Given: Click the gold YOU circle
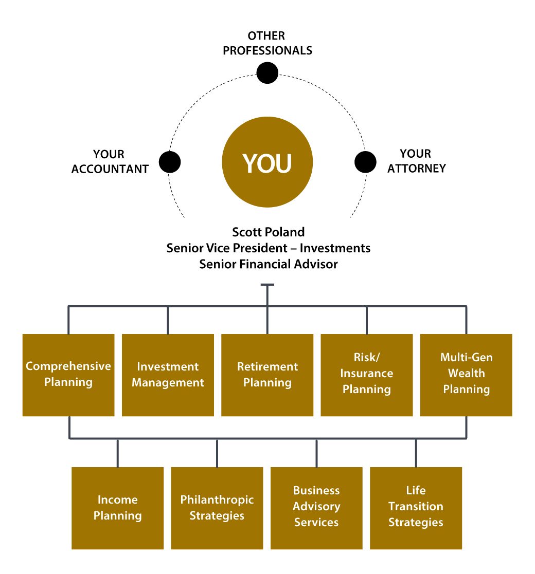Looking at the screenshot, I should (x=267, y=163).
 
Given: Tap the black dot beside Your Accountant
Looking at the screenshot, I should (x=170, y=162).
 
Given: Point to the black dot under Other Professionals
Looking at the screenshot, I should (x=267, y=72).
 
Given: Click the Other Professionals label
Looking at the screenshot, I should (x=267, y=43).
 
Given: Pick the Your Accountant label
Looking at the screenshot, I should (x=110, y=161).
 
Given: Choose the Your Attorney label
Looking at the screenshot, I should (x=416, y=161).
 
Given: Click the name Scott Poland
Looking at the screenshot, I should (x=268, y=231).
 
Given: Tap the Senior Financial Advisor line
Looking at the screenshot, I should (x=268, y=264).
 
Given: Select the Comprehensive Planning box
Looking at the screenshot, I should (x=68, y=375).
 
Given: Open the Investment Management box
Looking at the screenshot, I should (x=168, y=375).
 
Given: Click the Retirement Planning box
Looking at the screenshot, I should (x=267, y=375).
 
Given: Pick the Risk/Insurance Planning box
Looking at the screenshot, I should (x=367, y=375).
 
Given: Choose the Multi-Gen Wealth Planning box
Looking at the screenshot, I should (x=466, y=375).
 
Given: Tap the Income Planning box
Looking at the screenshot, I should (x=118, y=508).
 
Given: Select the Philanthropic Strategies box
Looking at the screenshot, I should (x=217, y=508).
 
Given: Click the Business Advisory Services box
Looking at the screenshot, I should (x=316, y=508).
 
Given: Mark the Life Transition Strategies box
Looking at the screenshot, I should (x=416, y=508).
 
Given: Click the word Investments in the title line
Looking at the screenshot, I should (x=335, y=248).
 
